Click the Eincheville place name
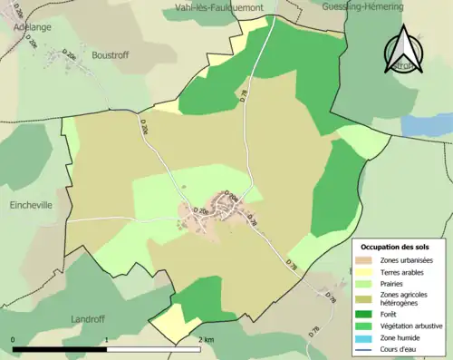(30, 205)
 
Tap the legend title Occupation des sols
(396, 247)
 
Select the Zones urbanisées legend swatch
(367, 260)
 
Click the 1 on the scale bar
(107, 339)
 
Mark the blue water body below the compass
(421, 127)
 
